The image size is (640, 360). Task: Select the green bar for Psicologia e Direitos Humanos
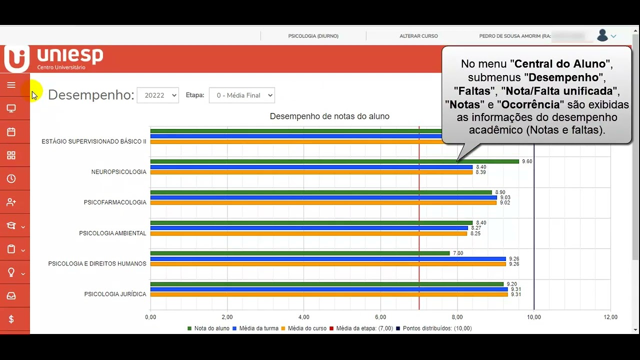tap(300, 253)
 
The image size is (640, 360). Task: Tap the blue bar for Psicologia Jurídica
tap(329, 289)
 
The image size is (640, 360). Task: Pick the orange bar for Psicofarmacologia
tap(323, 202)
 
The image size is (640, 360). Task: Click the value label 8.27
tap(475, 228)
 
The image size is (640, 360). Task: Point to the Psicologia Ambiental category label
tap(112, 233)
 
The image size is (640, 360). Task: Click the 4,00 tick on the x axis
tap(303, 317)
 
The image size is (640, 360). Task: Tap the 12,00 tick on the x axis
tap(610, 317)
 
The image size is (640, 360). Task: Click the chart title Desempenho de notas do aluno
tap(329, 116)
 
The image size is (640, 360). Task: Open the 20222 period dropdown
tap(157, 95)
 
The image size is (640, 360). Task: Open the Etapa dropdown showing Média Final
tap(242, 95)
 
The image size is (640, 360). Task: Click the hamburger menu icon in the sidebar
tap(11, 85)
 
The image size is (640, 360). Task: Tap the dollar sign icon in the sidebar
tap(11, 319)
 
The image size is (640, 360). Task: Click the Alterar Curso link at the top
tap(418, 36)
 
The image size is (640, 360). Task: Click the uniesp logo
tap(54, 58)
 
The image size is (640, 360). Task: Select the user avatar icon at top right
tap(602, 35)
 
